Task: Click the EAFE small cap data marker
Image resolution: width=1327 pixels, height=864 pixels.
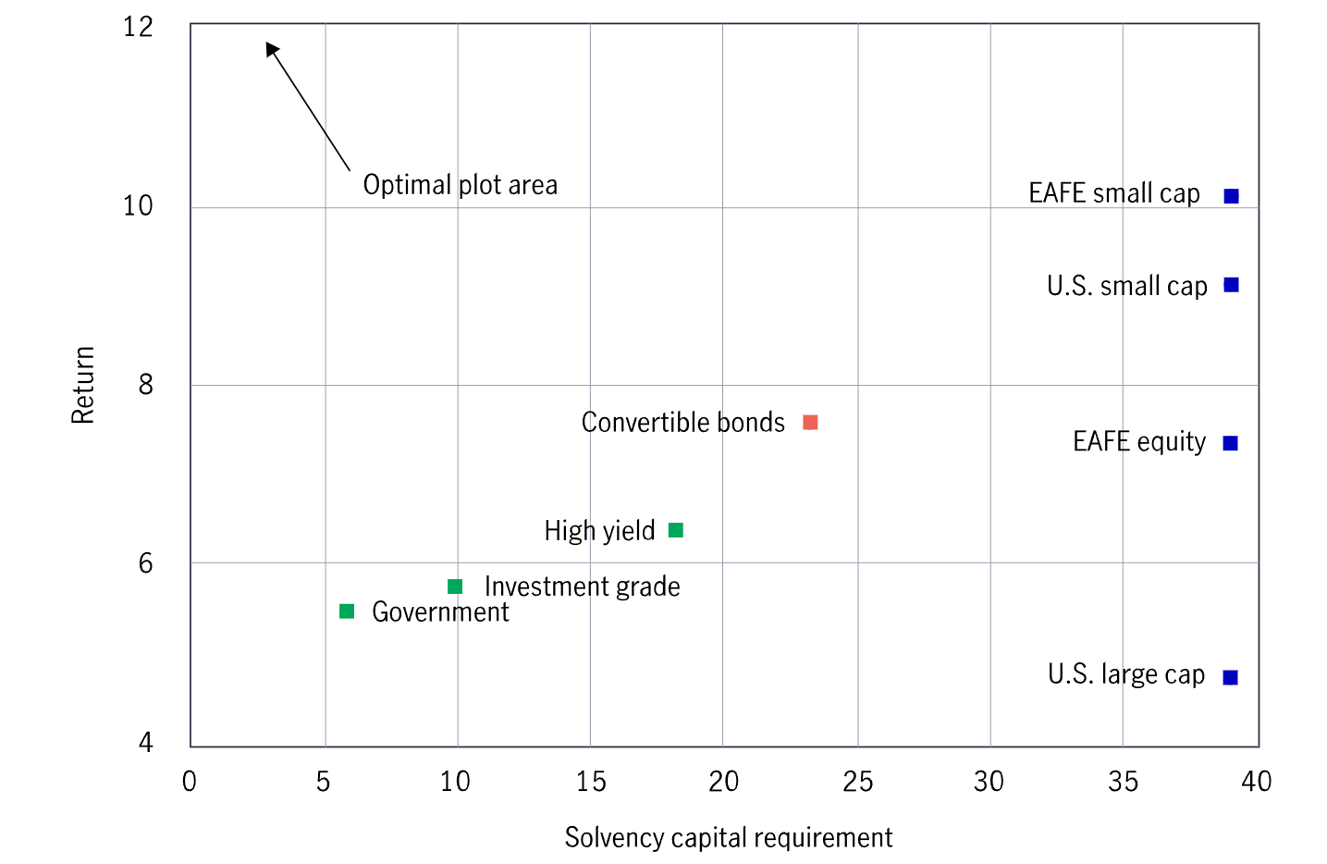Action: [1231, 196]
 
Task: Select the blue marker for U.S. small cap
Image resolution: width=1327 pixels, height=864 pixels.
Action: [1231, 285]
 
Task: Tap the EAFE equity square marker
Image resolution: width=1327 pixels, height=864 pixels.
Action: [1230, 443]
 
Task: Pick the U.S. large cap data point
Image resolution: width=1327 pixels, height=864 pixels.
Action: [1230, 677]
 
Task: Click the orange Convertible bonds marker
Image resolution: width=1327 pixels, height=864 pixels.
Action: [810, 423]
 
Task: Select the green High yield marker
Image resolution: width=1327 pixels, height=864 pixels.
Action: [676, 530]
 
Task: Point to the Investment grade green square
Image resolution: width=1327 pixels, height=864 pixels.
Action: [455, 586]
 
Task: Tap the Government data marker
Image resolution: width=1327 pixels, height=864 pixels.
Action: [347, 611]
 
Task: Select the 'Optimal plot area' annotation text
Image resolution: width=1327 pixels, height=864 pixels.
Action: [460, 185]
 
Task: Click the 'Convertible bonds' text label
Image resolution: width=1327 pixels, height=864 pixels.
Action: [682, 423]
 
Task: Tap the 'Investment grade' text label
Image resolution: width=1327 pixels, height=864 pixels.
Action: [582, 586]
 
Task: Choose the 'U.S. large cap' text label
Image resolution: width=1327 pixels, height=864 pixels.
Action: [1125, 674]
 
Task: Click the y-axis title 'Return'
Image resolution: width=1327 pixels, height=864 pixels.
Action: [83, 385]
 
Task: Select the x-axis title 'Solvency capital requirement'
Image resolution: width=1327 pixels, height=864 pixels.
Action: [728, 837]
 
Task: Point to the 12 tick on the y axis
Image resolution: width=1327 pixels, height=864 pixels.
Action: [138, 26]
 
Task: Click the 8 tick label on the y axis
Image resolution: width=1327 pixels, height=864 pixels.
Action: [145, 385]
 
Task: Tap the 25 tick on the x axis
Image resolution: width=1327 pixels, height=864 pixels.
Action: [857, 782]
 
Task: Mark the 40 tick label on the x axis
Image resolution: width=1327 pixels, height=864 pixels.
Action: [1256, 782]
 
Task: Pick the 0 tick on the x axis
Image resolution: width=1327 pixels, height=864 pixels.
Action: [190, 782]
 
